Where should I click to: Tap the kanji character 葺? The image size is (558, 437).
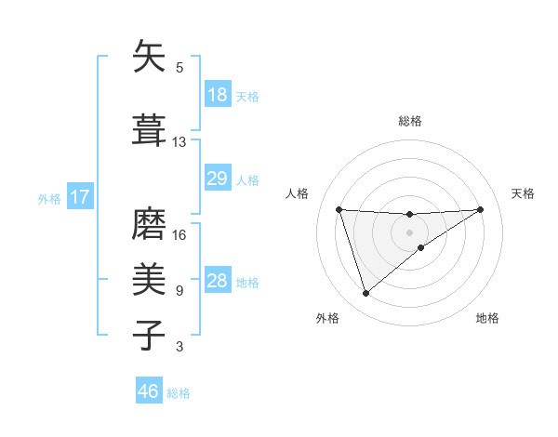point(149,130)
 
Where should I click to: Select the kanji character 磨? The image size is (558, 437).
point(149,223)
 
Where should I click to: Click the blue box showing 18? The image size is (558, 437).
point(217,95)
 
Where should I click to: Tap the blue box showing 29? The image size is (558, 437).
point(217,179)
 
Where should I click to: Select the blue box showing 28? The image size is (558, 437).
point(217,281)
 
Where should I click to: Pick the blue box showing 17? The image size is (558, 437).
point(79,197)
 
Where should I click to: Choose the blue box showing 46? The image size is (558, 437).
point(149,391)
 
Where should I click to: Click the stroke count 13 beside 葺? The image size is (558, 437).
point(179,142)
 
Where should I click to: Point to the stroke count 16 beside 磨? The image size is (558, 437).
point(179,234)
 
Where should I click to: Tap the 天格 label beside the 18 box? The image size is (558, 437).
point(247,96)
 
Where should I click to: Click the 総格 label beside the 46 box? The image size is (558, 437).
point(179,393)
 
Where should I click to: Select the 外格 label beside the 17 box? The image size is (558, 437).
point(49,198)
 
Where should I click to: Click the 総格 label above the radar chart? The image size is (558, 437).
point(410,121)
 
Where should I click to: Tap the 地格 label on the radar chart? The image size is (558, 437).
point(487,318)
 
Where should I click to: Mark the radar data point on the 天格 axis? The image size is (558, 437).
point(481,209)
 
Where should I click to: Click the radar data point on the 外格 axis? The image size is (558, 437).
point(365,294)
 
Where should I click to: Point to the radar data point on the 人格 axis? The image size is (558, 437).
point(339,209)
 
